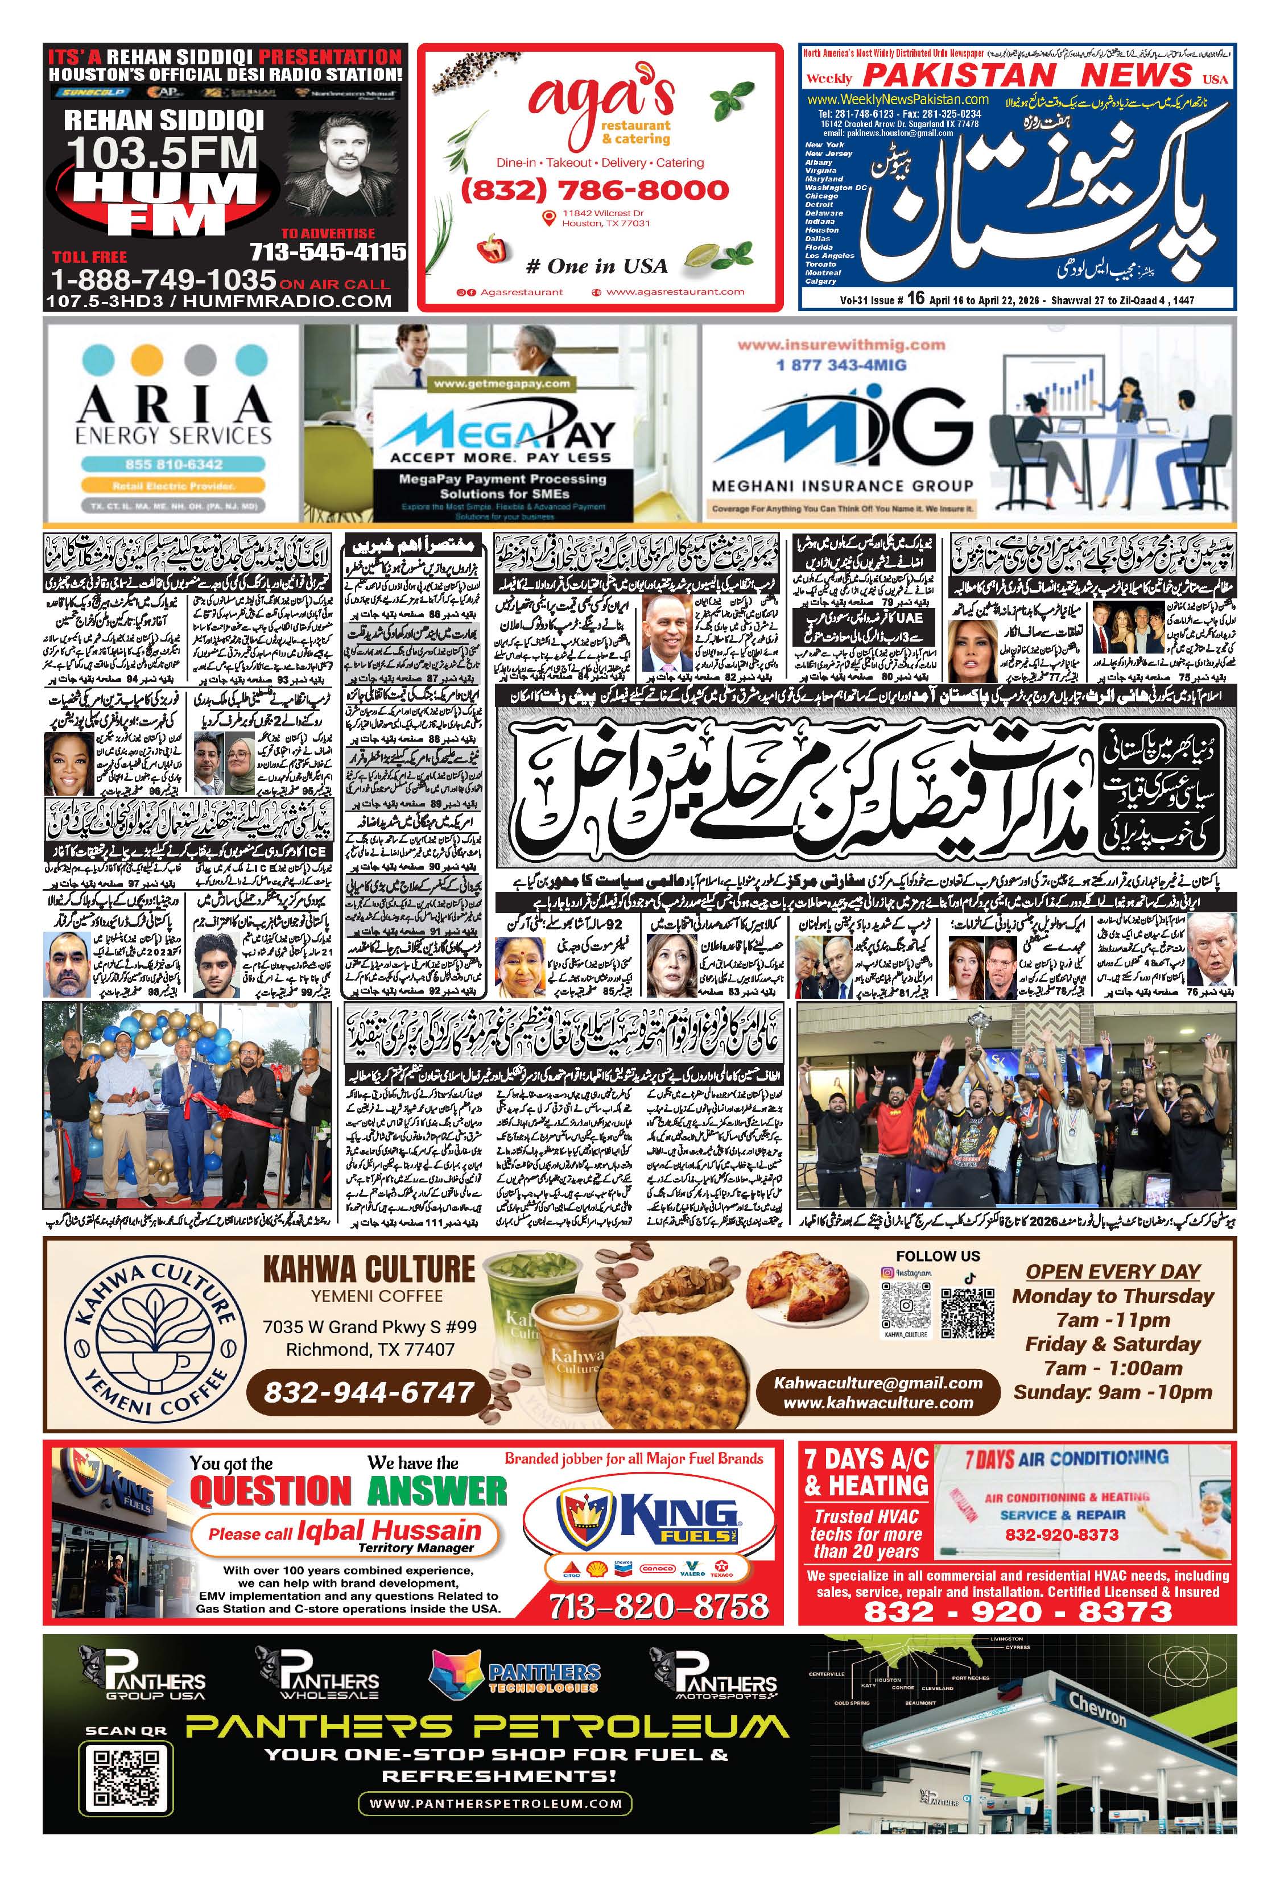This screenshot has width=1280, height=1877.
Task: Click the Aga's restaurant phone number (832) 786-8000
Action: [594, 190]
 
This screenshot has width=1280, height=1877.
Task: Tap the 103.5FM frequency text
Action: [162, 152]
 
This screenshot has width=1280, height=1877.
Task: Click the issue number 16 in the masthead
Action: [914, 298]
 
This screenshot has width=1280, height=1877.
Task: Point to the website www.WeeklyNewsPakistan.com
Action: [897, 98]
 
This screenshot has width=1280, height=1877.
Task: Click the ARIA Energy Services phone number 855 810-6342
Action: [174, 464]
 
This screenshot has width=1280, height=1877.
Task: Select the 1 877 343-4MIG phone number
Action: [841, 365]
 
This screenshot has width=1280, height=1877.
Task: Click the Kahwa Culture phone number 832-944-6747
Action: [369, 1392]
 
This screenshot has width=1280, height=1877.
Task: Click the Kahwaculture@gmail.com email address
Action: [878, 1382]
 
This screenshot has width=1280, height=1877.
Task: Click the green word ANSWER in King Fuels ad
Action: [437, 1491]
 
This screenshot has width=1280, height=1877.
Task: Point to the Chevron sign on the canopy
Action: [1097, 1725]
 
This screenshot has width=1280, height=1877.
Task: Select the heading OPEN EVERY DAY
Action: [1112, 1271]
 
